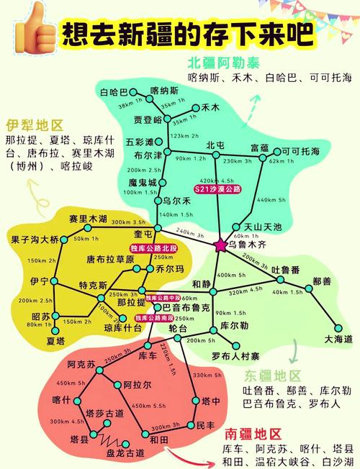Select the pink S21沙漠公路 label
[217, 188]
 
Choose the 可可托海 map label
[300, 151]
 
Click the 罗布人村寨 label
[235, 356]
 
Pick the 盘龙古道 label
[125, 453]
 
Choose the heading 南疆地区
[253, 433]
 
